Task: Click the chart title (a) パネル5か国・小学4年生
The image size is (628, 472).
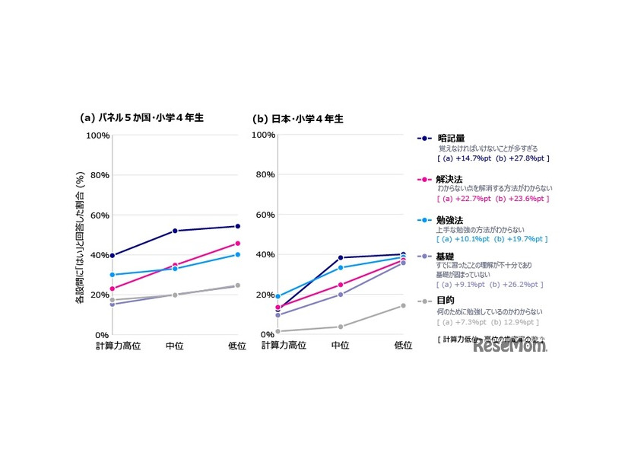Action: pos(142,118)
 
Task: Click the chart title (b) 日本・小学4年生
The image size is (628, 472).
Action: pos(298,119)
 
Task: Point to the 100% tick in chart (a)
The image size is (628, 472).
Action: pos(98,136)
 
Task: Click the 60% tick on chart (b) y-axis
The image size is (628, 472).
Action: pos(264,215)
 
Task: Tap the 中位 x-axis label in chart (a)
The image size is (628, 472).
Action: pos(175,346)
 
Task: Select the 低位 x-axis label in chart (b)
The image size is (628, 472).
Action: pos(403,346)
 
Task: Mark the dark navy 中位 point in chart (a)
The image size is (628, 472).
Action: pos(175,231)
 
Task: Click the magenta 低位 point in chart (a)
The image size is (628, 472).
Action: pos(237,244)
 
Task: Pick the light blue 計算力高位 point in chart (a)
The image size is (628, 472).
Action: pos(113,275)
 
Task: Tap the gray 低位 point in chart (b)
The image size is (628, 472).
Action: pos(403,306)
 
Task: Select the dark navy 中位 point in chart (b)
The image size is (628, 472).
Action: pos(341,257)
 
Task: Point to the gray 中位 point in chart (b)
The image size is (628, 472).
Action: pos(341,327)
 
